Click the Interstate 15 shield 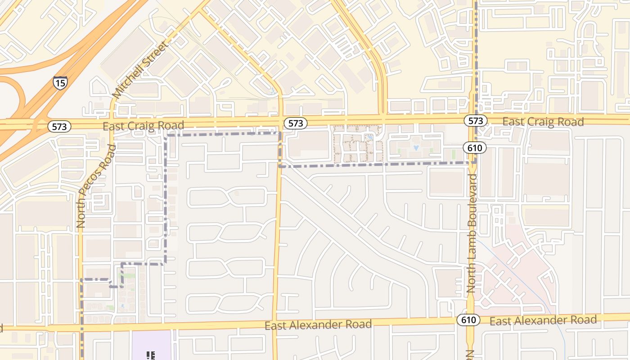click(x=60, y=82)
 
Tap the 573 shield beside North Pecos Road click(x=59, y=126)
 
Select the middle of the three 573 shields click(x=295, y=123)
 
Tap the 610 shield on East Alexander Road click(x=468, y=320)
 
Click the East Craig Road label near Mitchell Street click(x=144, y=126)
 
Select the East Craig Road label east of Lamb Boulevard click(x=543, y=121)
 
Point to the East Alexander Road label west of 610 click(x=318, y=325)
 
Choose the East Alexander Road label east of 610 click(x=543, y=320)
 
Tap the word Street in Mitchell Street click(x=158, y=53)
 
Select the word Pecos click(x=90, y=181)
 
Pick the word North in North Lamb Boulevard click(x=472, y=276)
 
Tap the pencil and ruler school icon click(x=151, y=356)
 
